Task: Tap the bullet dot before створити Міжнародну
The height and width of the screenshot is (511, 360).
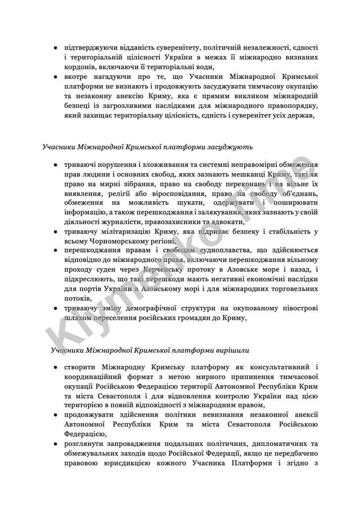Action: coord(55,367)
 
